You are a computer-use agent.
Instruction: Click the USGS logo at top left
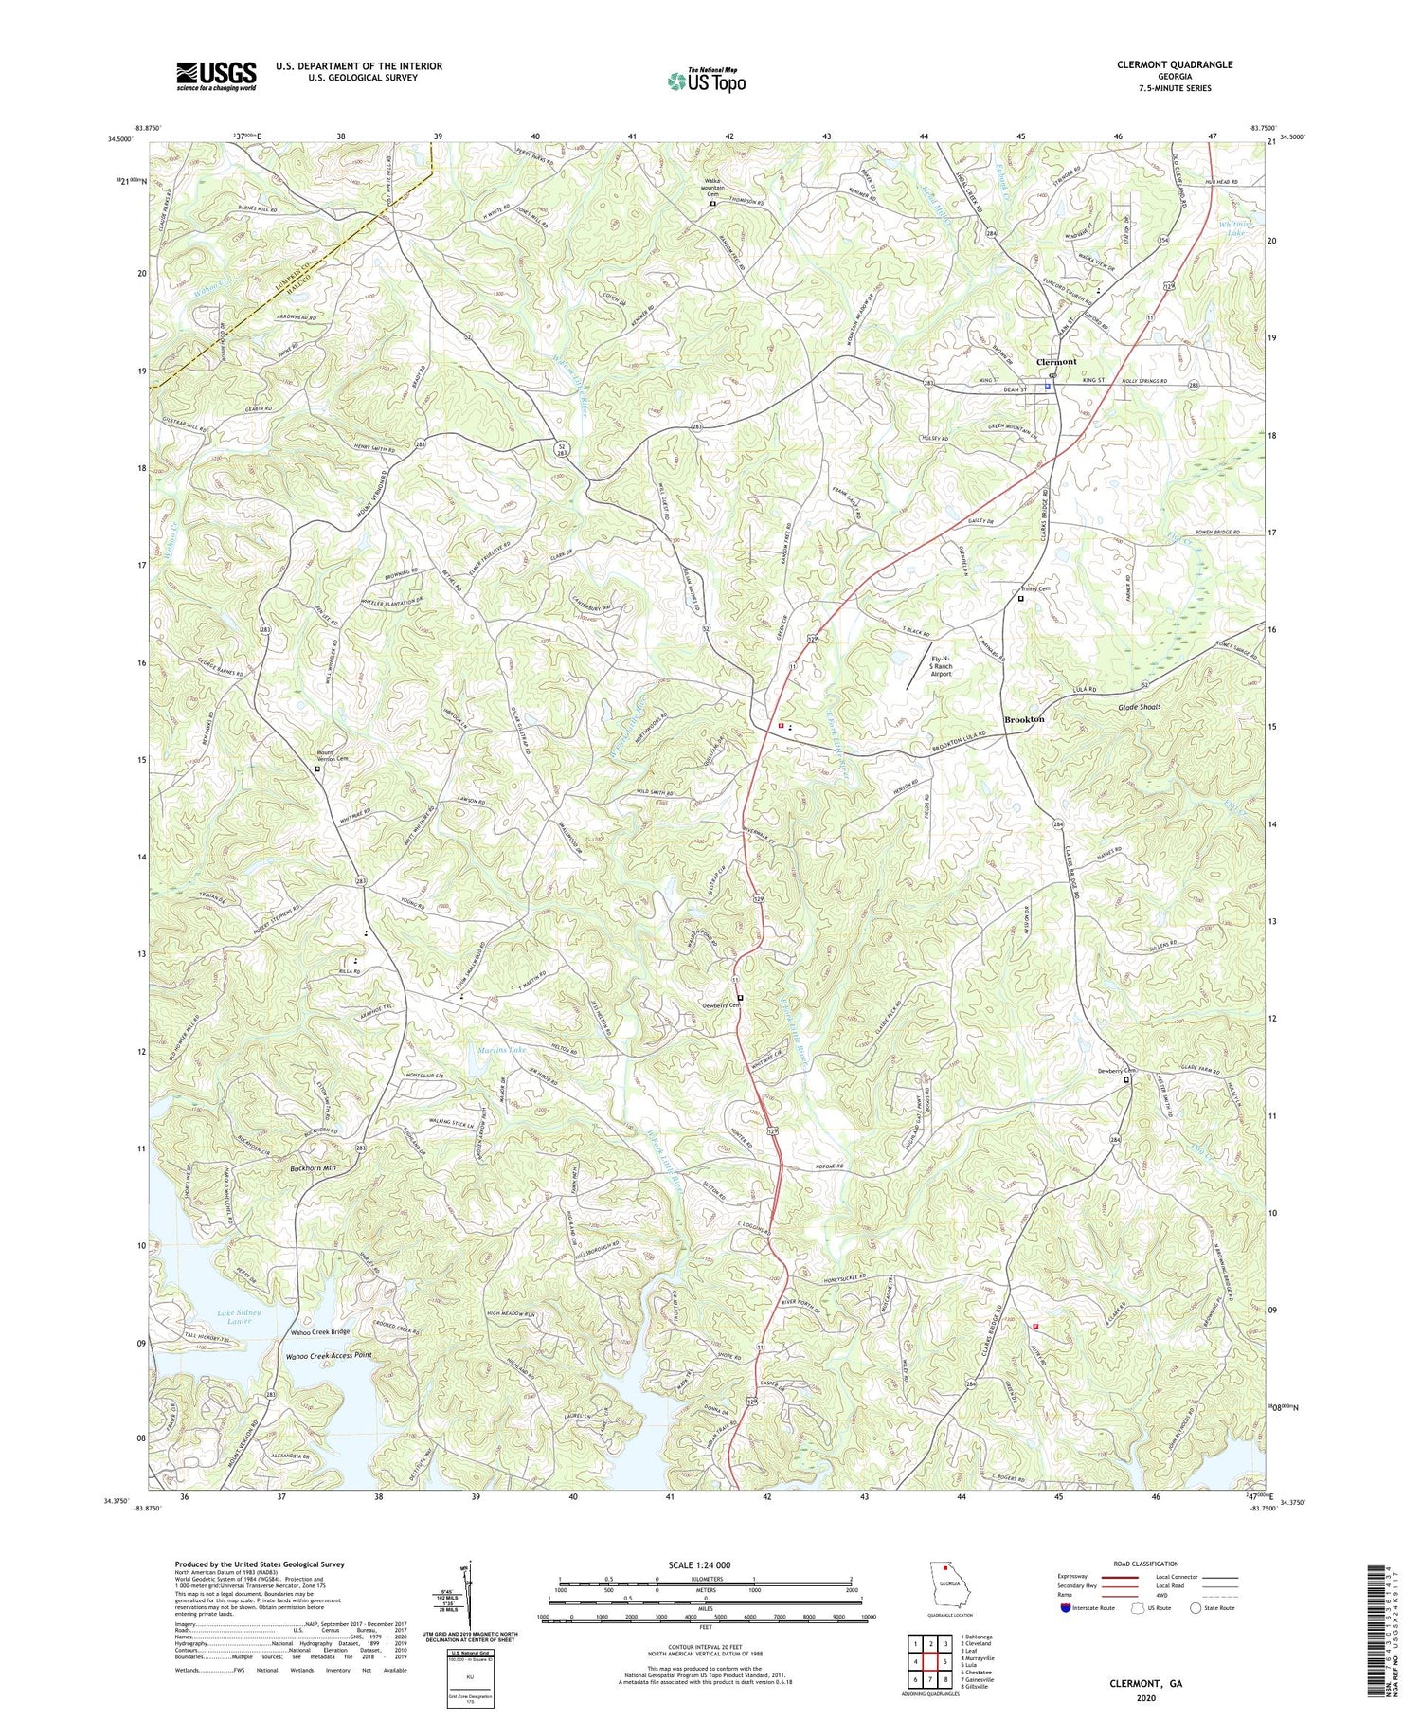pyautogui.click(x=216, y=76)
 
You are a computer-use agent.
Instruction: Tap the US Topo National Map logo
pyautogui.click(x=705, y=81)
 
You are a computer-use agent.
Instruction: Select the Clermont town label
pyautogui.click(x=1056, y=362)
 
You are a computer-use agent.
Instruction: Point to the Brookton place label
pyautogui.click(x=1024, y=719)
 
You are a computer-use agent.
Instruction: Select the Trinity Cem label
pyautogui.click(x=1038, y=588)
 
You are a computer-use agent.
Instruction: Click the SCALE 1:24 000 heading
pyautogui.click(x=705, y=1564)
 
